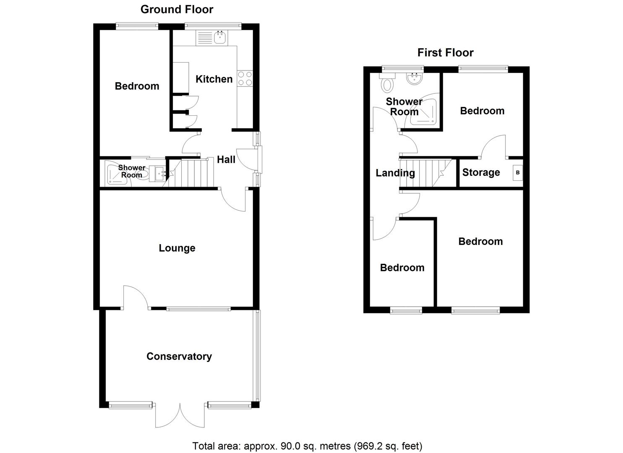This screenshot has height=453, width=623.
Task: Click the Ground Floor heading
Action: (x=177, y=9)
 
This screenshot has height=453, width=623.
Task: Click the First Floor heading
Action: (x=445, y=52)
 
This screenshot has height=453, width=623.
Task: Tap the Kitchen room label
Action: (x=214, y=79)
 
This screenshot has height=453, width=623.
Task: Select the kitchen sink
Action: (x=220, y=38)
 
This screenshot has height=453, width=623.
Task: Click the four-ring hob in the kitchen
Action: (x=245, y=78)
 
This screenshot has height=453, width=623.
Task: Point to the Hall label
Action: (x=226, y=159)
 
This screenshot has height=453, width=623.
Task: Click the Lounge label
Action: (x=177, y=248)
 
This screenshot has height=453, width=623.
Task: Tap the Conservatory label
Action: (x=179, y=356)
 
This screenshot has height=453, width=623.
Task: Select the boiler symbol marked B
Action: (x=518, y=172)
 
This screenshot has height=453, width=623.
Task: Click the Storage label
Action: (x=481, y=172)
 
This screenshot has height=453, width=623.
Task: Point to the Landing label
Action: (x=395, y=173)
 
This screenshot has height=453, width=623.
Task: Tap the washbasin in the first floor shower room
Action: (x=415, y=78)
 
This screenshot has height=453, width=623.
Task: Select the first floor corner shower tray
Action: (x=425, y=112)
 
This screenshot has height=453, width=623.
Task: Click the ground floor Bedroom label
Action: (x=137, y=86)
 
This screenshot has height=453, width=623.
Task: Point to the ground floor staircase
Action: (x=193, y=173)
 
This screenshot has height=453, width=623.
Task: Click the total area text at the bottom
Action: (x=307, y=445)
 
